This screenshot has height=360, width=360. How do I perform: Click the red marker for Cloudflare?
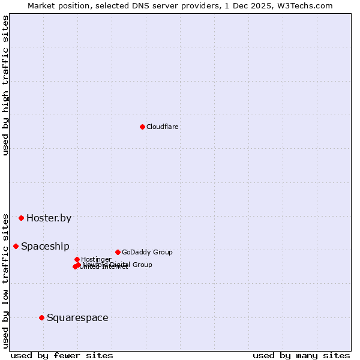pos(142,127)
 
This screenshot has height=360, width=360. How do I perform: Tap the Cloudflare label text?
pos(163,127)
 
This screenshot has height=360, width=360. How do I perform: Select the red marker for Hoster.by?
pos(21,218)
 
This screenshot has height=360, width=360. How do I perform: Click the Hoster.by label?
pos(49,218)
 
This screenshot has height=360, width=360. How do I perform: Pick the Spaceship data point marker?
pos(16,246)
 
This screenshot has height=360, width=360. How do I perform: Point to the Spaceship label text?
pos(45,246)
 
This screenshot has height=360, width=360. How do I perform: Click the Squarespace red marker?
pos(41,317)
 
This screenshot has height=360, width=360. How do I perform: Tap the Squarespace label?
pos(77,317)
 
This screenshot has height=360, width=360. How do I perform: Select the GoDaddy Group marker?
pos(118,252)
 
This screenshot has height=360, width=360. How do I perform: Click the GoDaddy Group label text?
pos(147,252)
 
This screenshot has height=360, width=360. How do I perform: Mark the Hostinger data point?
pos(77,259)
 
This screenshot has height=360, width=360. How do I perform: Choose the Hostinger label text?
pos(96,259)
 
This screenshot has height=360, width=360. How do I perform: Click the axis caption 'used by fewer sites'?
pos(62,355)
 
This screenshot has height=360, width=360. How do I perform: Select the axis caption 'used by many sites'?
pos(301,355)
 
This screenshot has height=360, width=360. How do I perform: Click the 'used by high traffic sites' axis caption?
pos(5,86)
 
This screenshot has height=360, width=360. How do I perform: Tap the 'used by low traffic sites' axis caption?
pos(5,280)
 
